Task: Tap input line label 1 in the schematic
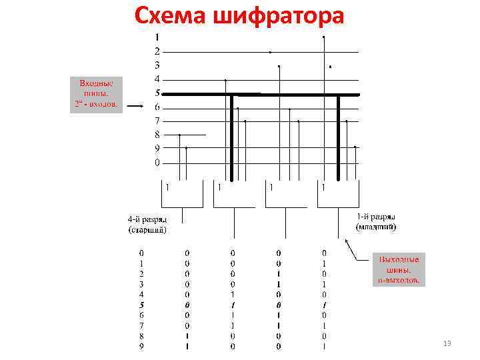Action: tap(157, 37)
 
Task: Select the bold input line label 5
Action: tap(157, 93)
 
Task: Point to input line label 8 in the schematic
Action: tap(157, 135)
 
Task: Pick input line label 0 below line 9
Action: tap(157, 163)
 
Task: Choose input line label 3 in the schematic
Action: tap(157, 65)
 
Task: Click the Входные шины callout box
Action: tap(97, 94)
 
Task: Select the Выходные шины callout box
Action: tap(399, 269)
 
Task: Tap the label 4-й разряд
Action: tap(147, 219)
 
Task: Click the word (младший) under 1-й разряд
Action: tap(376, 227)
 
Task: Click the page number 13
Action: tap(447, 343)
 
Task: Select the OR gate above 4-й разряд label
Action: tap(182, 194)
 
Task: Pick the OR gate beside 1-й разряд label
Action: tap(339, 194)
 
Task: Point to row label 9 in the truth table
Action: tap(141, 346)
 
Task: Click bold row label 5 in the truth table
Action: tap(141, 304)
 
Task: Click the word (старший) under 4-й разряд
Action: tap(147, 230)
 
